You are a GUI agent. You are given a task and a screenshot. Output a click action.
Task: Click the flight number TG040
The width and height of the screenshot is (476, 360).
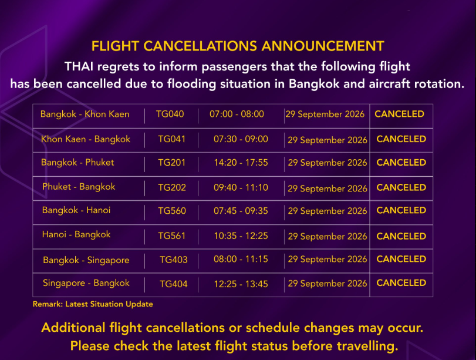pyautogui.click(x=170, y=114)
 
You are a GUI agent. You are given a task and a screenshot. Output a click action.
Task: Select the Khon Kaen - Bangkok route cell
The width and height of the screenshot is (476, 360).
pyautogui.click(x=86, y=139)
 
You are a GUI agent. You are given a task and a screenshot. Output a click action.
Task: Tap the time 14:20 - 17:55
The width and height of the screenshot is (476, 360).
pyautogui.click(x=241, y=163)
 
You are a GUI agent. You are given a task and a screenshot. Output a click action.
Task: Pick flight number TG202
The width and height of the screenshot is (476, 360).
pyautogui.click(x=172, y=187)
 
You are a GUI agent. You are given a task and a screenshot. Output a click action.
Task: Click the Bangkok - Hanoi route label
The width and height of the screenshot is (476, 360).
pyautogui.click(x=76, y=210)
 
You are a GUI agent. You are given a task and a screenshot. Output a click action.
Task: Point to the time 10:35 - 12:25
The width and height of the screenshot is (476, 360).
pyautogui.click(x=241, y=235)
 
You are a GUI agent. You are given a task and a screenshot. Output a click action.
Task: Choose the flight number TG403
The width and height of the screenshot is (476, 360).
pyautogui.click(x=173, y=260)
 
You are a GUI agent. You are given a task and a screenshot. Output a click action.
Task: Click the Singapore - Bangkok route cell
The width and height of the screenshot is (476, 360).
pyautogui.click(x=86, y=283)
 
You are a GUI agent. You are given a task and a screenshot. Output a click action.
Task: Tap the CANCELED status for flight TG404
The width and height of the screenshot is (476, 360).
pyautogui.click(x=401, y=283)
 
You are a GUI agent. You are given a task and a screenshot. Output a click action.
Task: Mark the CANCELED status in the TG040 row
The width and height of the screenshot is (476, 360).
pyautogui.click(x=399, y=114)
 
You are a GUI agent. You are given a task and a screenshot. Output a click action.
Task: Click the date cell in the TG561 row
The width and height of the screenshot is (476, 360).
pyautogui.click(x=328, y=236)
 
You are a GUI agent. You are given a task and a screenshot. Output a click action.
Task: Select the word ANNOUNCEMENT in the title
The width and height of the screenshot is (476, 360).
pyautogui.click(x=323, y=46)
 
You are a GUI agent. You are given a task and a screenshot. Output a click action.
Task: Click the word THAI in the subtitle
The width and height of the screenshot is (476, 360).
pyautogui.click(x=79, y=66)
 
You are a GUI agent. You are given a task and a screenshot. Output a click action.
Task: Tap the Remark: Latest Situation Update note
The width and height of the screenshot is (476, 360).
pyautogui.click(x=93, y=304)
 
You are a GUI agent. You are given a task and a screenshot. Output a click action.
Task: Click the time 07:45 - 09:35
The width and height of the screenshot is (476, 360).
pyautogui.click(x=241, y=211)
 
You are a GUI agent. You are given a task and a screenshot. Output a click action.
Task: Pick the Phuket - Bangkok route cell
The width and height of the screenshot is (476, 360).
pyautogui.click(x=79, y=187)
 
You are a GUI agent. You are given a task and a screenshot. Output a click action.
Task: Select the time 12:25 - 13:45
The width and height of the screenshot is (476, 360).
pyautogui.click(x=241, y=284)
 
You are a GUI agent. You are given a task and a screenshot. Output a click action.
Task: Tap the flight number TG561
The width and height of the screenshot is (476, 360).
pyautogui.click(x=171, y=235)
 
